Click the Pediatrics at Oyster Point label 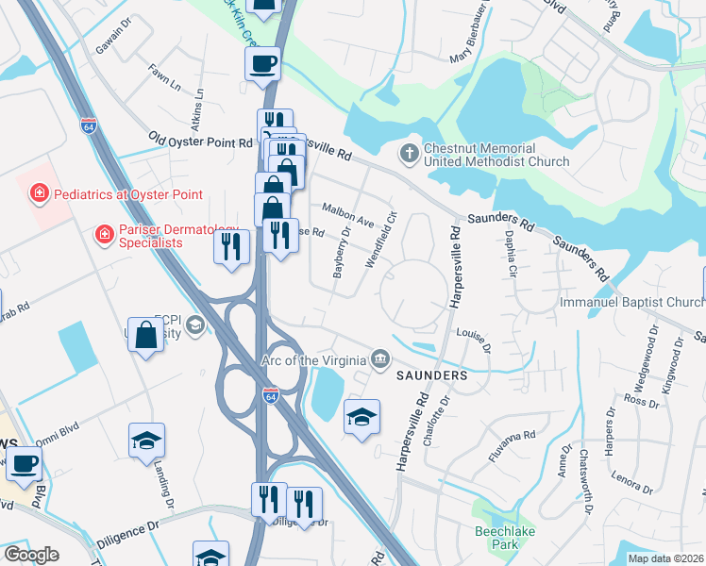click(115, 194)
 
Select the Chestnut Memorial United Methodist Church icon click(409, 152)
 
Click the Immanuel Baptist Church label click(631, 302)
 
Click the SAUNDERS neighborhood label click(431, 375)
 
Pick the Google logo click(31, 555)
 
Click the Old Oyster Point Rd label click(200, 141)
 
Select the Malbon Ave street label click(348, 212)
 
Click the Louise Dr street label click(474, 341)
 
